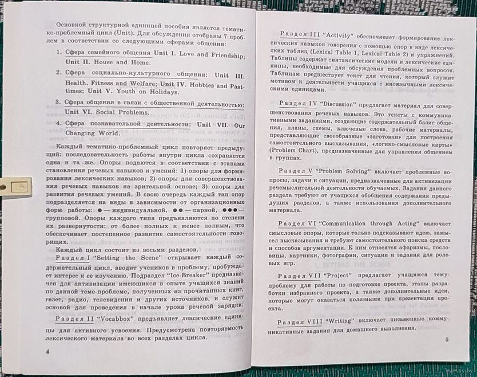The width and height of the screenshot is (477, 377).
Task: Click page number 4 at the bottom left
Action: point(49,351)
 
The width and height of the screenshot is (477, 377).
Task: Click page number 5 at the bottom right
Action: point(447,341)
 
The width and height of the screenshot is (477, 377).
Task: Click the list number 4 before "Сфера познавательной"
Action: point(59,124)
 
